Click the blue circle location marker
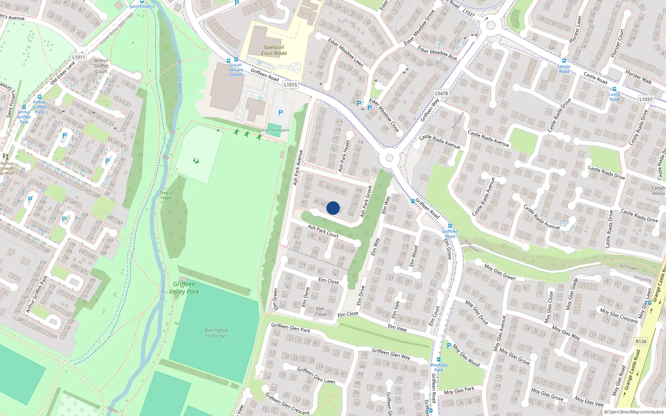tap(333, 208)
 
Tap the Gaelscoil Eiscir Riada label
tap(273, 50)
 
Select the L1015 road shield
tap(291, 84)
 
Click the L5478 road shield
tap(441, 93)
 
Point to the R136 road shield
tap(641, 342)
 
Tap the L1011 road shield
tap(79, 57)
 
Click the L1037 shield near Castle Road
tap(646, 99)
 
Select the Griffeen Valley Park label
tap(184, 287)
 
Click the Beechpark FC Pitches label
tap(216, 333)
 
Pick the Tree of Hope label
tap(166, 195)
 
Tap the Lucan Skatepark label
tap(274, 130)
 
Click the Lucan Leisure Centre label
tap(236, 69)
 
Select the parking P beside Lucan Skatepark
tap(281, 113)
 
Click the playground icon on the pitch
tap(196, 161)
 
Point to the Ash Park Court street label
tap(323, 231)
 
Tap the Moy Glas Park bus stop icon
tap(438, 359)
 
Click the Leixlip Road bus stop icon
tap(564, 61)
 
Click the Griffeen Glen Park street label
tap(291, 328)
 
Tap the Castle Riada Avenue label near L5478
tap(440, 141)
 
